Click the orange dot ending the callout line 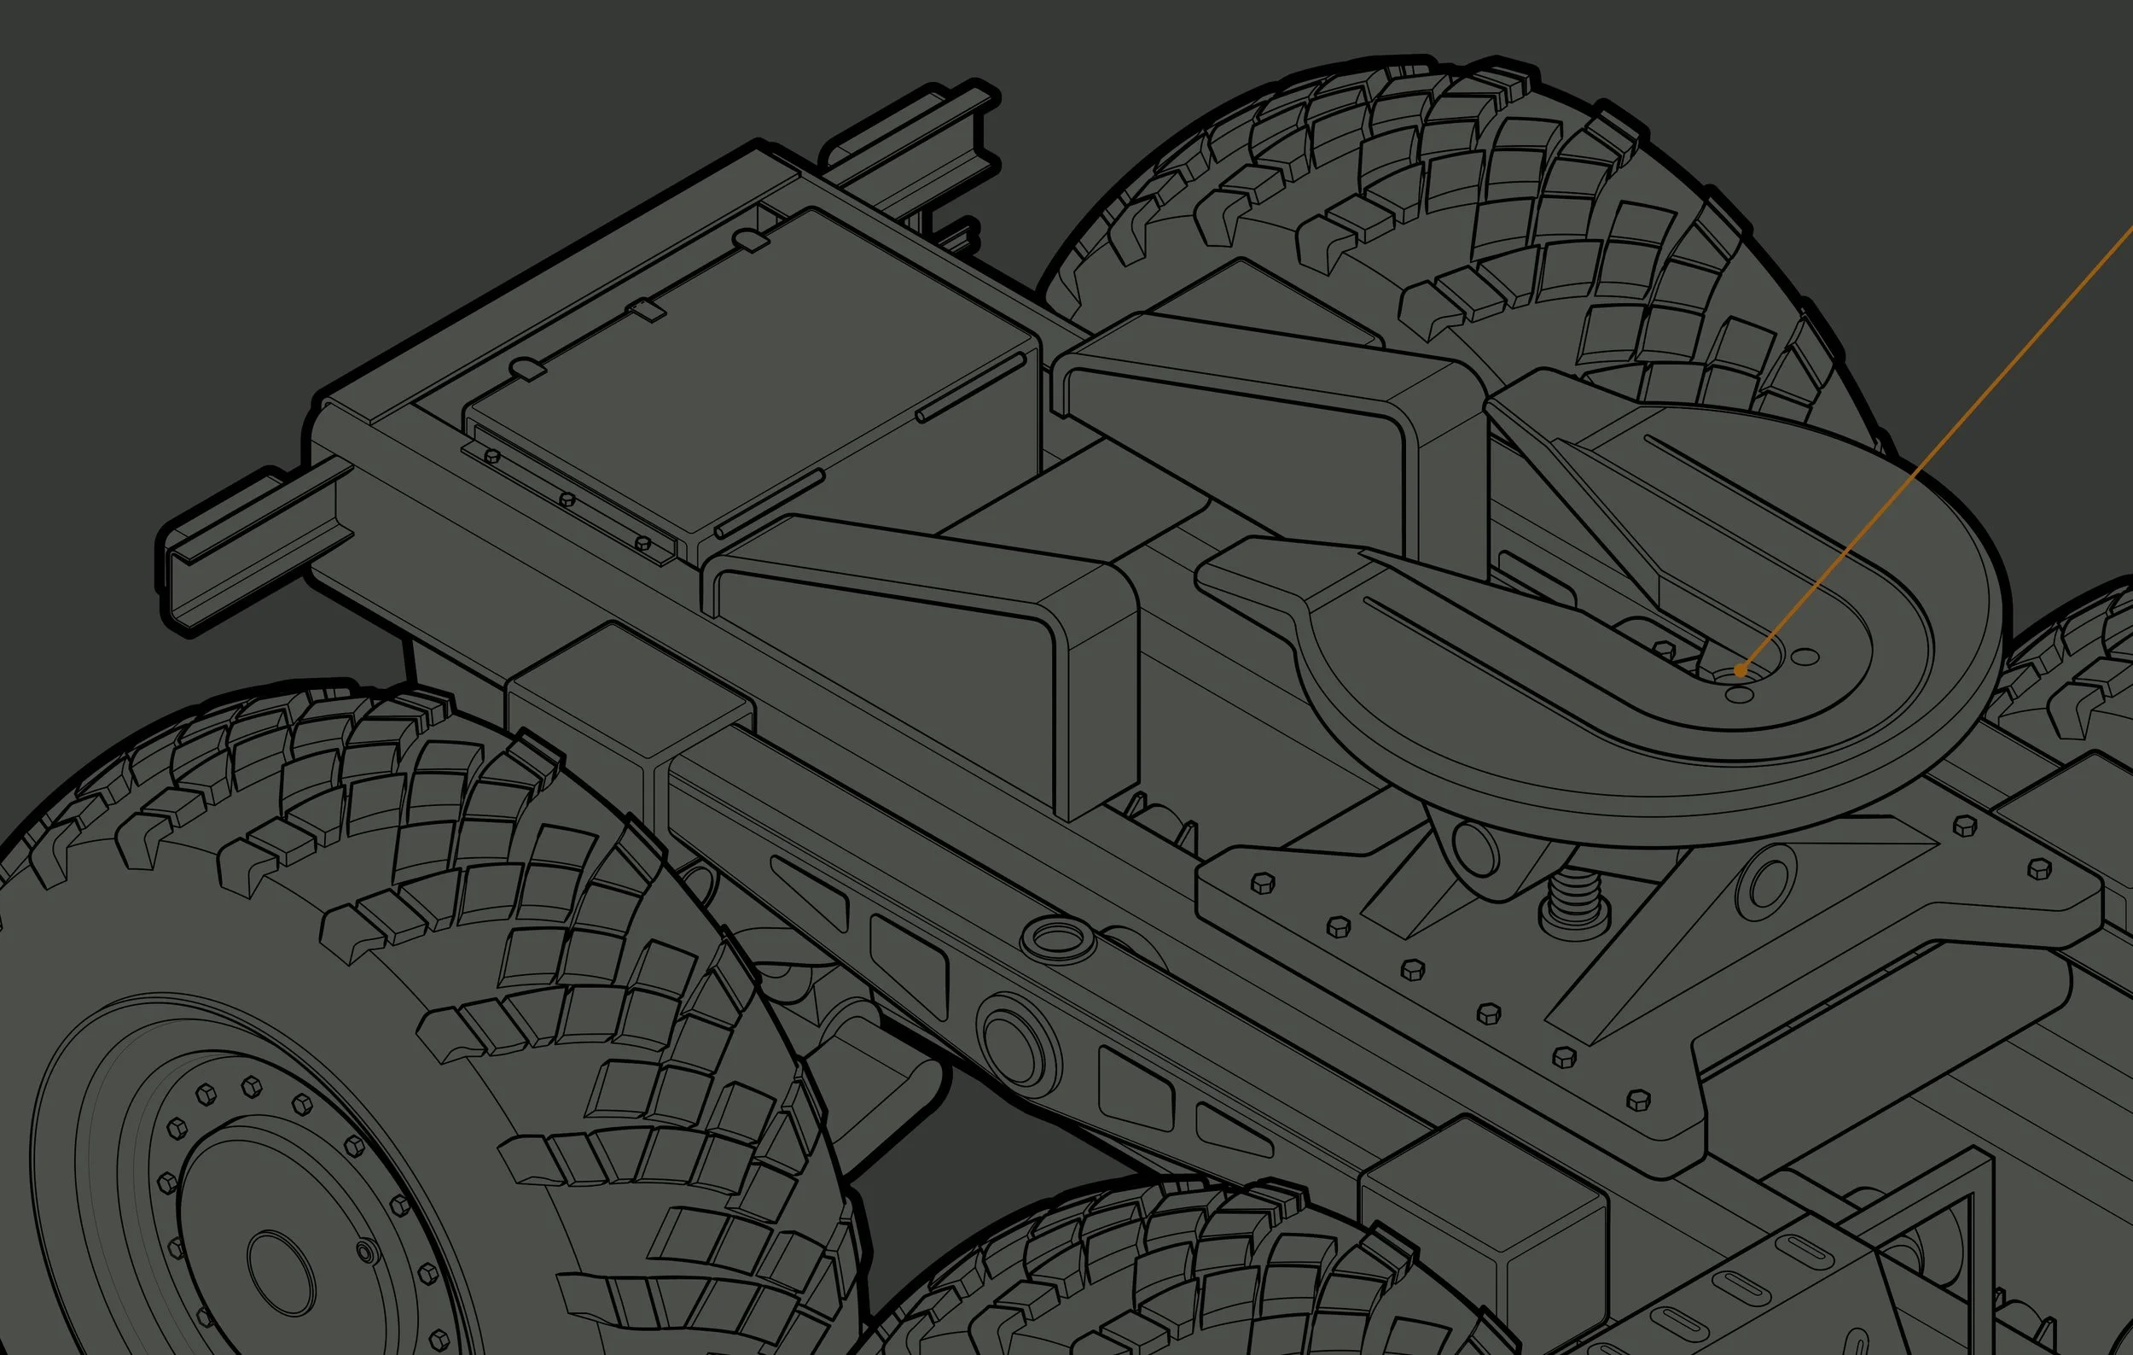click(x=1740, y=670)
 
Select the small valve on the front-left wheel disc click(x=366, y=1252)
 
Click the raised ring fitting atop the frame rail click(x=1058, y=938)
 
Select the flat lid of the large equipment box click(x=753, y=372)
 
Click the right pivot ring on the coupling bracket click(x=1766, y=883)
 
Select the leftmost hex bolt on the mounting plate click(x=1262, y=884)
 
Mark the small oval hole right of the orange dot click(x=1805, y=657)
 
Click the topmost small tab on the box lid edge click(x=751, y=239)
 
